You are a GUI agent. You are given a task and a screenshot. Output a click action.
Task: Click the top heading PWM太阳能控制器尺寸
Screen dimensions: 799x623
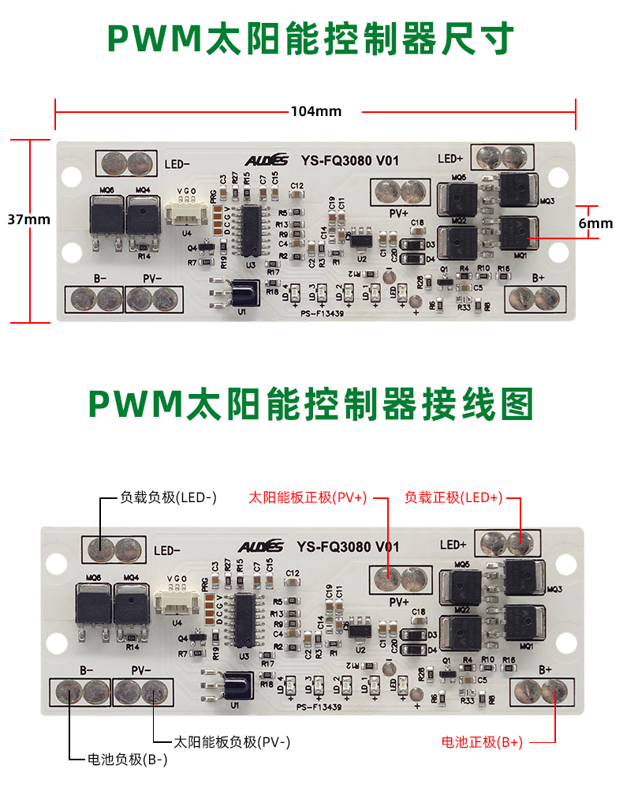(311, 37)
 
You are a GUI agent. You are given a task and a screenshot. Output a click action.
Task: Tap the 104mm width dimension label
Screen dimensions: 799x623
(315, 111)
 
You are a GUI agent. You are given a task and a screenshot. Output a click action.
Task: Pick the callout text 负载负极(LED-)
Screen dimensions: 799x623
(168, 498)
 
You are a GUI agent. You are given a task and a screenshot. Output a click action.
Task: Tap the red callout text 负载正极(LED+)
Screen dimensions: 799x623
(453, 498)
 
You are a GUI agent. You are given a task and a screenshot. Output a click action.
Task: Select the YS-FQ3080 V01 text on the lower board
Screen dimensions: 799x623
(348, 546)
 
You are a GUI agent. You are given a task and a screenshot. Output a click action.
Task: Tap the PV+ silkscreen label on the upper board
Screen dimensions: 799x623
(397, 212)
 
